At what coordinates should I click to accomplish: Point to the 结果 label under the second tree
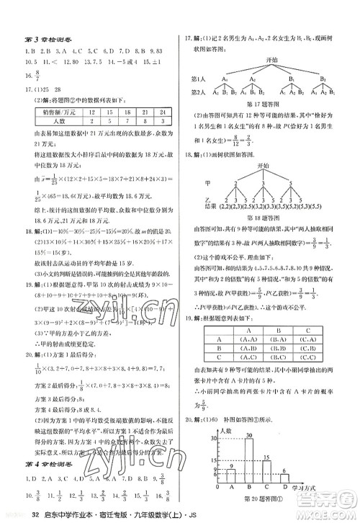(199, 214)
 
